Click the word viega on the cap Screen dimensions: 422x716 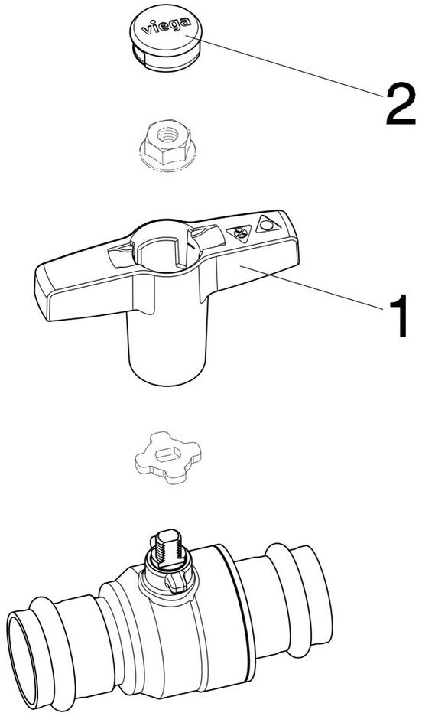[166, 26]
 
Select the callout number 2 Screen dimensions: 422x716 [401, 106]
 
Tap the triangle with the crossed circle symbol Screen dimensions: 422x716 [239, 233]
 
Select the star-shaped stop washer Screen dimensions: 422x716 [167, 457]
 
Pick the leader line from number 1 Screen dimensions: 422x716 [312, 289]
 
